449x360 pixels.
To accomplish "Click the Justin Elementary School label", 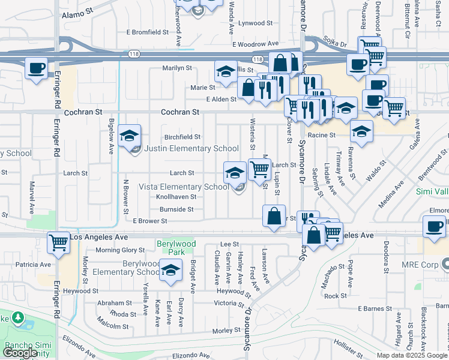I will [x=184, y=148].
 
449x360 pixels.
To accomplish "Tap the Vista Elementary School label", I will [x=184, y=187].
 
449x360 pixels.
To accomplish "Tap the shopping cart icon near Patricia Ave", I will [x=58, y=242].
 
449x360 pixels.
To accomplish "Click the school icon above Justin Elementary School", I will [x=129, y=136].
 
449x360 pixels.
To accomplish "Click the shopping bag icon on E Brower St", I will [x=274, y=217].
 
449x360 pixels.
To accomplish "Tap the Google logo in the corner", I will [x=20, y=353].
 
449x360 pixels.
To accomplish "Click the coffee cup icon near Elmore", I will [x=435, y=226].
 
